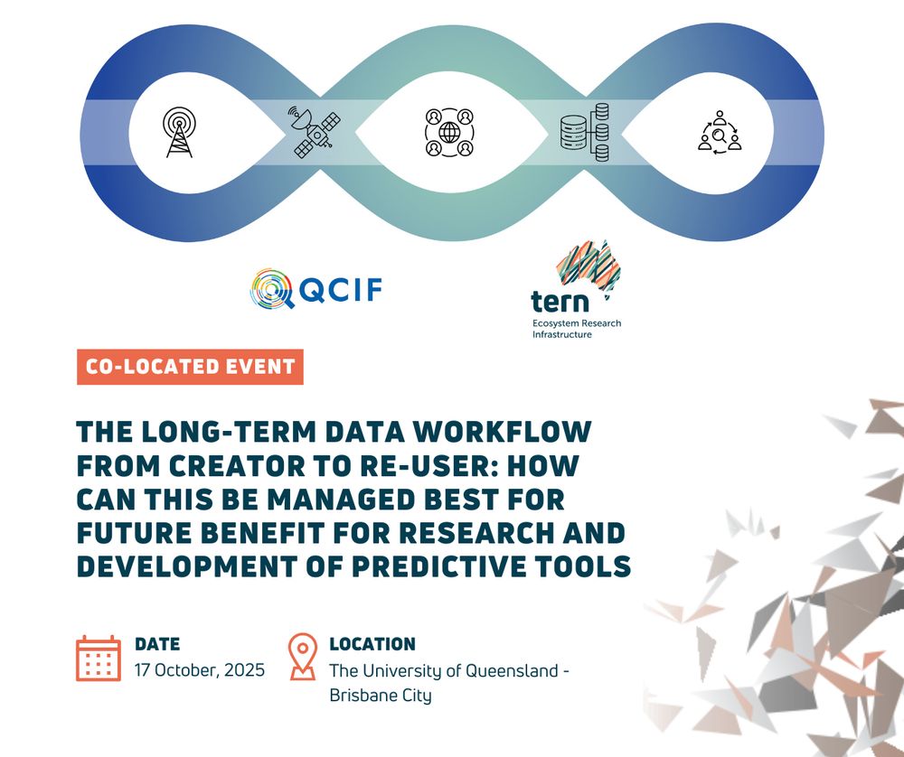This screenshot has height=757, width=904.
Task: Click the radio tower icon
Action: click(x=179, y=133)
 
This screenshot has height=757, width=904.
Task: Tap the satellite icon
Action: click(x=314, y=132)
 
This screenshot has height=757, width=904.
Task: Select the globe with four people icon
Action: click(x=449, y=133)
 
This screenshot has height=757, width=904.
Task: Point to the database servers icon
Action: click(x=585, y=132)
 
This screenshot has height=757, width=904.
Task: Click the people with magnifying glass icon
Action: click(x=720, y=133)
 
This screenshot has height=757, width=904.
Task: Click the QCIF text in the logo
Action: click(x=339, y=290)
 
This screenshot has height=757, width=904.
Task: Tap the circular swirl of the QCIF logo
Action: click(x=271, y=289)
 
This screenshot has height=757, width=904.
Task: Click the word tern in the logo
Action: click(x=551, y=302)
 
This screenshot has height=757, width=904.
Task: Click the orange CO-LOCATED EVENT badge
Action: click(x=190, y=367)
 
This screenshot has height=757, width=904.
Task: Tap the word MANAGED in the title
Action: click(x=340, y=499)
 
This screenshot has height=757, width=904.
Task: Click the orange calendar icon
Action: click(x=99, y=659)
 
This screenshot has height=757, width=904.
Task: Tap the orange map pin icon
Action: click(x=303, y=656)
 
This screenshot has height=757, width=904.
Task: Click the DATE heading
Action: click(x=157, y=644)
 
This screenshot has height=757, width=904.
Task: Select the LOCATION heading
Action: click(x=372, y=644)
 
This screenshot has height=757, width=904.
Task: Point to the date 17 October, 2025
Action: click(x=200, y=670)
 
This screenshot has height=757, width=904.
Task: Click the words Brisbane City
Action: click(x=381, y=696)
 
